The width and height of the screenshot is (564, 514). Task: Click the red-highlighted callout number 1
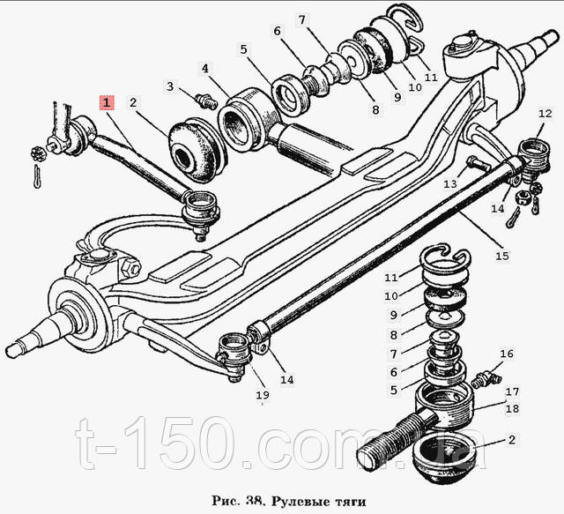click(x=107, y=102)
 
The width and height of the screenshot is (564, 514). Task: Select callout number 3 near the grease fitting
click(x=170, y=86)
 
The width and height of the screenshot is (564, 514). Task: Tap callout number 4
click(x=205, y=69)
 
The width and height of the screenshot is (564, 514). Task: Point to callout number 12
click(x=545, y=114)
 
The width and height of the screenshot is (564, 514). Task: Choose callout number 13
click(x=450, y=184)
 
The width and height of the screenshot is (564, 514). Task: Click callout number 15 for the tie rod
click(x=502, y=256)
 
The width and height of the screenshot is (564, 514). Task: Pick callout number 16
click(x=507, y=354)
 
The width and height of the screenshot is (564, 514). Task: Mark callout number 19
click(x=263, y=395)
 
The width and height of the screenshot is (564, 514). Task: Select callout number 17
click(x=513, y=391)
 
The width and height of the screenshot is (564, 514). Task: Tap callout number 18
click(x=513, y=409)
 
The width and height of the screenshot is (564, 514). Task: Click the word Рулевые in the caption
click(x=294, y=502)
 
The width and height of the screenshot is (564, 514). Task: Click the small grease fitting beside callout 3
click(x=206, y=101)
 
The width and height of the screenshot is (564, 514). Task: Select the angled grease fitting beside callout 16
click(x=486, y=379)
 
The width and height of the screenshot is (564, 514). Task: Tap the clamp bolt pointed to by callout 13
click(x=479, y=164)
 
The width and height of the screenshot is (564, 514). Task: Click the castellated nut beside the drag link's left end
click(x=39, y=154)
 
